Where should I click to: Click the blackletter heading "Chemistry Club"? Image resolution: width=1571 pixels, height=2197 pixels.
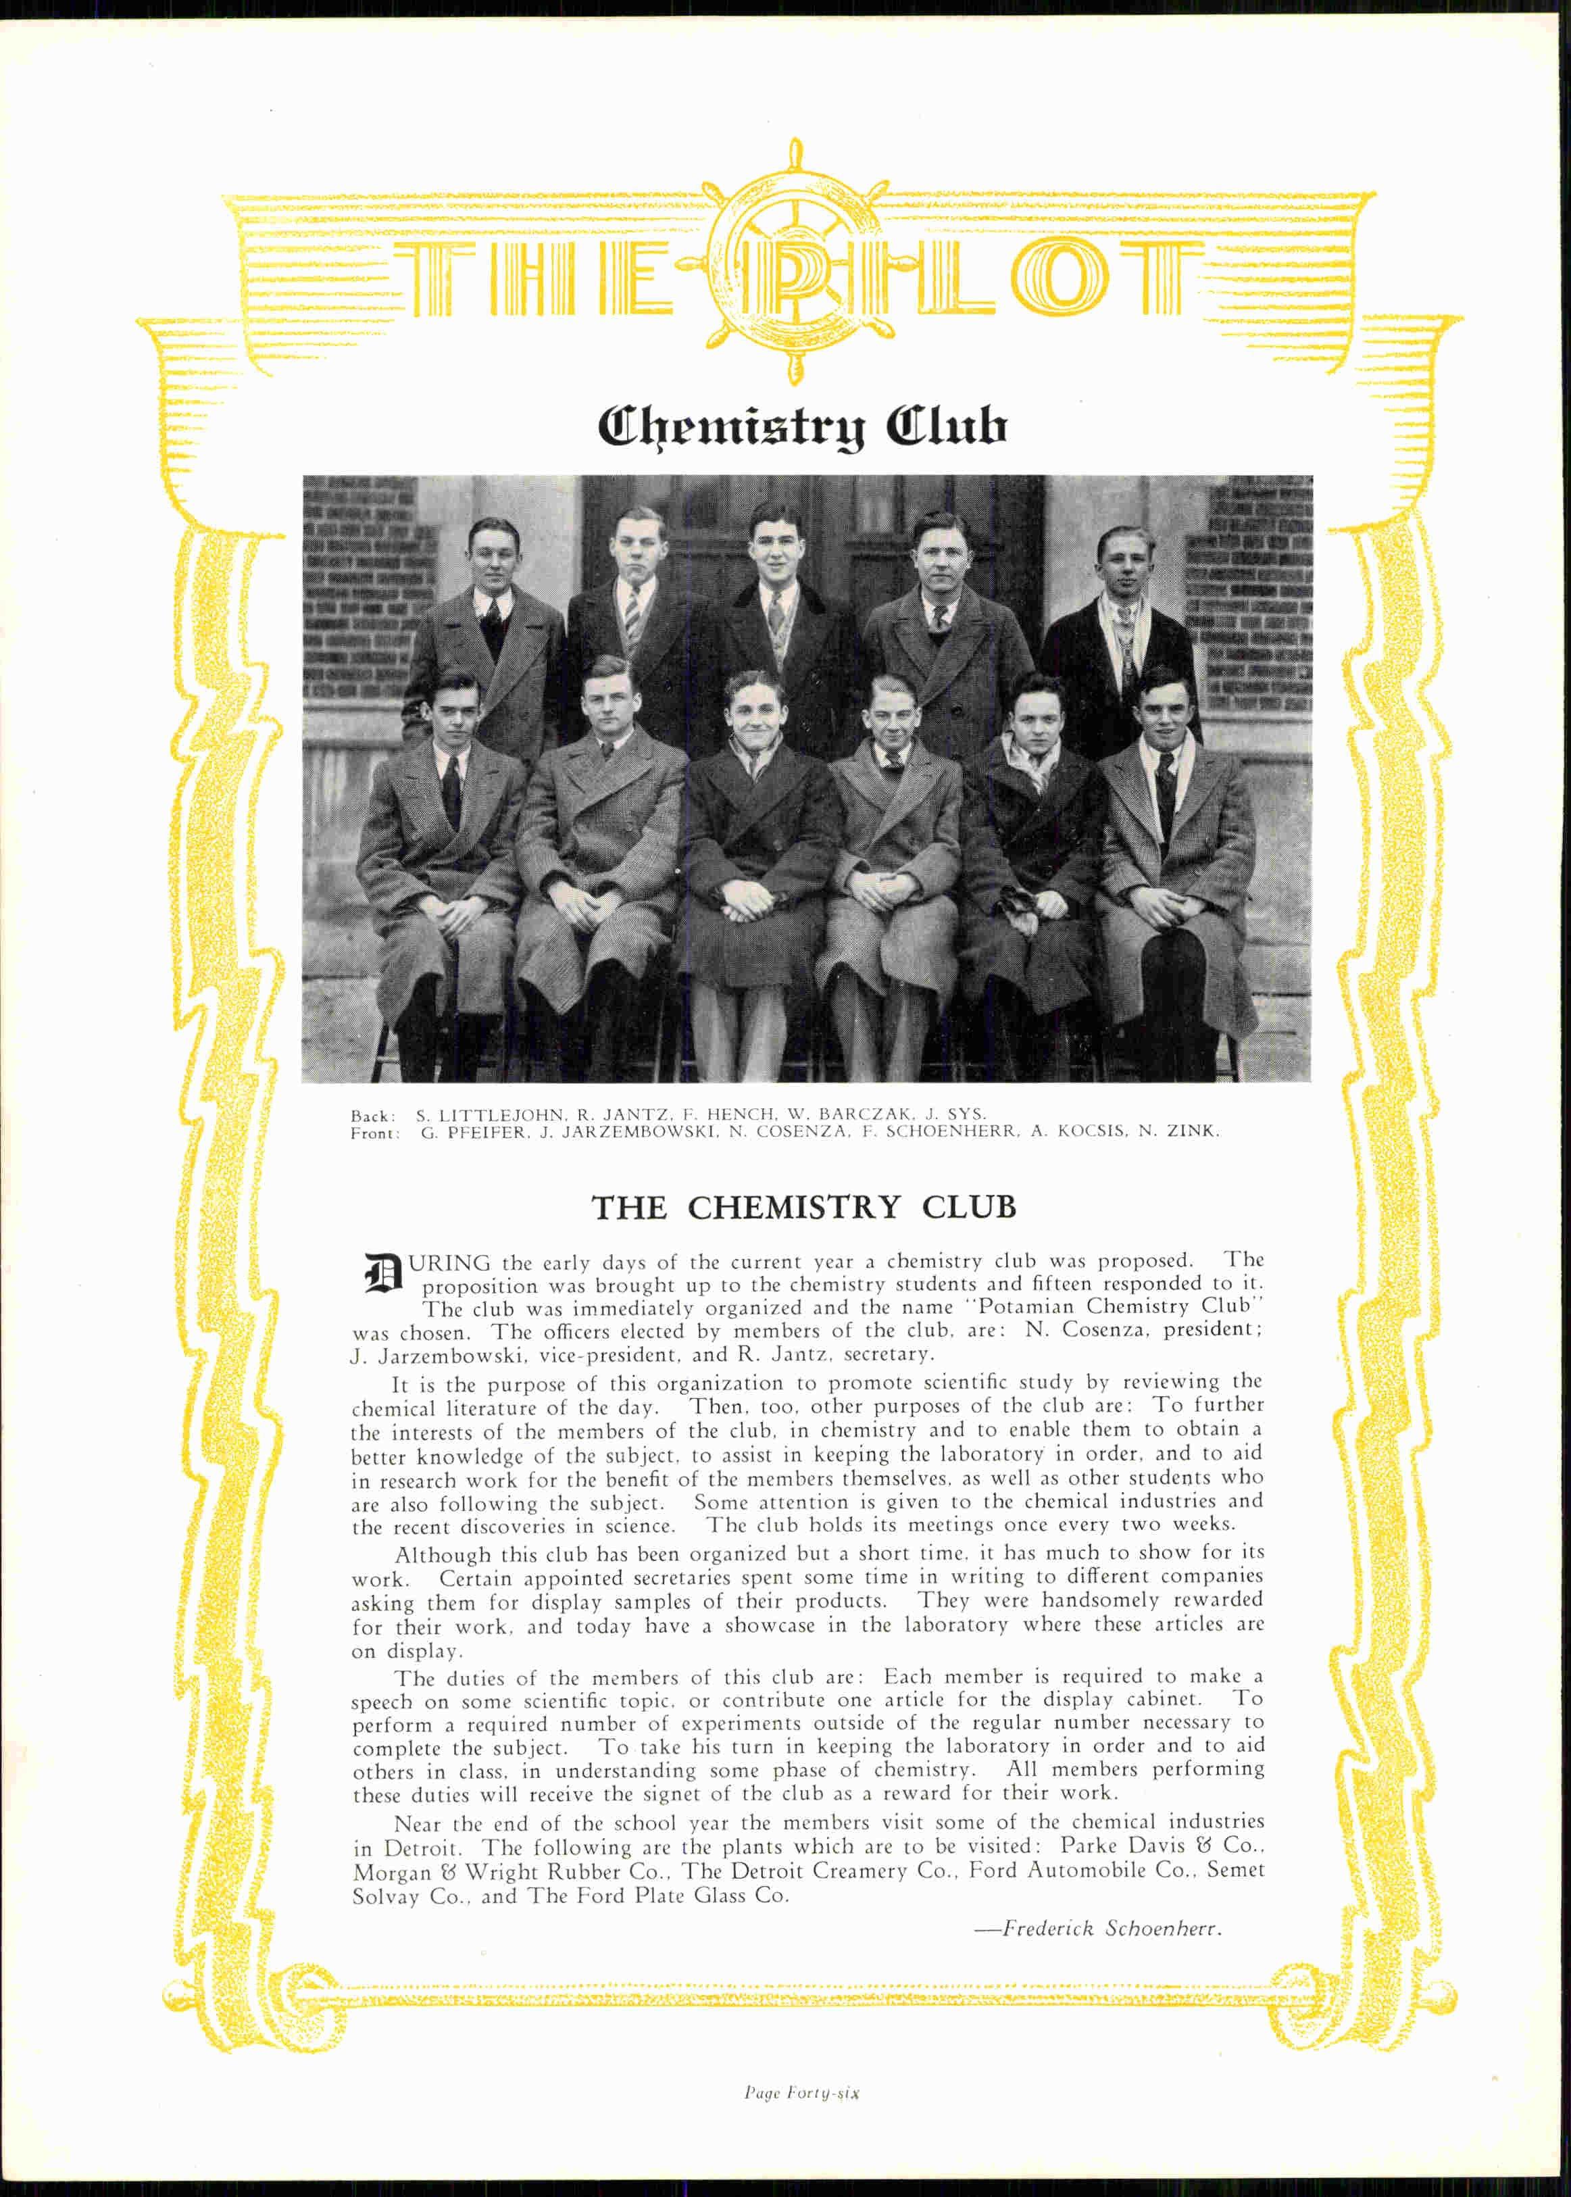803,426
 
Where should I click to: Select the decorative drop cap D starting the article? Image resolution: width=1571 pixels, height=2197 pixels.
381,1273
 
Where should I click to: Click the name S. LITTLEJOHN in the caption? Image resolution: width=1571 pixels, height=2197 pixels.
491,1114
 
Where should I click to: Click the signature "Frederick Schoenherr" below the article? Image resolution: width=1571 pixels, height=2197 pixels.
1112,1928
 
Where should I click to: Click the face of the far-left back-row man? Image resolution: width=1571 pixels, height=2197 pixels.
493,558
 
